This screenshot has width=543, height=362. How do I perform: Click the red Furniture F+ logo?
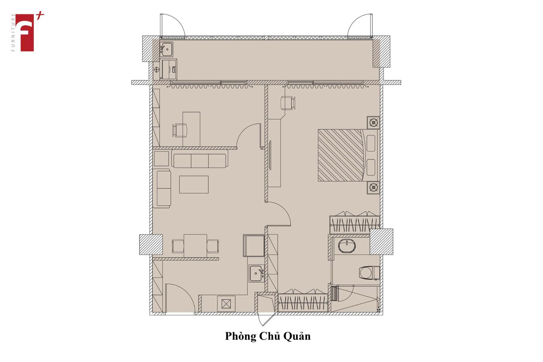(x=27, y=32)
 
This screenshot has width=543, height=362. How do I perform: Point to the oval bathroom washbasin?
(x=347, y=246)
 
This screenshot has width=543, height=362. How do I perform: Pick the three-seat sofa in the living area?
(x=200, y=158)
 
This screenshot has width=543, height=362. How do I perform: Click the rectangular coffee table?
(x=194, y=184)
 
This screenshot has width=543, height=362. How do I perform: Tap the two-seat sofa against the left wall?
(x=162, y=188)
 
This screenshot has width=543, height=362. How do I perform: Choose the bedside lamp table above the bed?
(x=373, y=122)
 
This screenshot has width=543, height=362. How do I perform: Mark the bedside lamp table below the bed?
(x=373, y=188)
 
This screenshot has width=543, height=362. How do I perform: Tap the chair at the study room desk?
(x=180, y=130)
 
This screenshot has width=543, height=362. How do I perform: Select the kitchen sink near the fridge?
(x=256, y=273)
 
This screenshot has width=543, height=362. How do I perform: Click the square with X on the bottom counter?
(x=226, y=304)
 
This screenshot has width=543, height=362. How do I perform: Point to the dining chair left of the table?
(x=178, y=246)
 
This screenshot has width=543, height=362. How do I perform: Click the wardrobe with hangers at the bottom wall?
(x=303, y=302)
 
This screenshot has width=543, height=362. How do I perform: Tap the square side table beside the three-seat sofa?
(x=161, y=159)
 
